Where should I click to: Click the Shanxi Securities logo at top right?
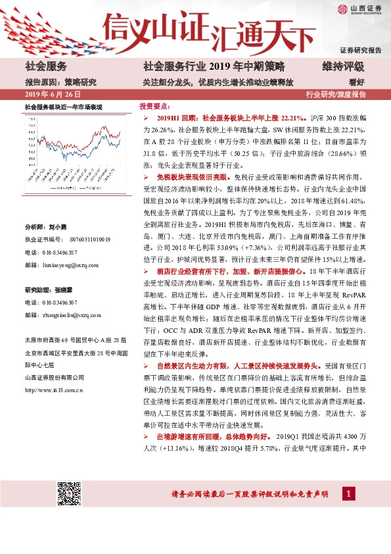[x=359, y=9]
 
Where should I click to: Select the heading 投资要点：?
[x=155, y=105]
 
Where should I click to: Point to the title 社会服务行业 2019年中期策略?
[x=214, y=66]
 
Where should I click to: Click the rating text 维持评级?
[x=342, y=66]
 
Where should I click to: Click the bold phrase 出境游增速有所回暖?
[x=189, y=436]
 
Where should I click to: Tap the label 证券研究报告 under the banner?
[x=360, y=50]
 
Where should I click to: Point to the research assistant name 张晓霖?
[x=63, y=290]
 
